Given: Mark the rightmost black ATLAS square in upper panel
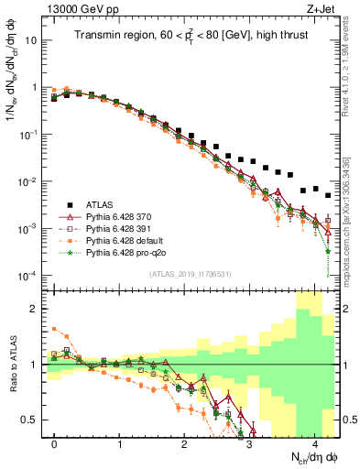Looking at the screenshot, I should point(328,195).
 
